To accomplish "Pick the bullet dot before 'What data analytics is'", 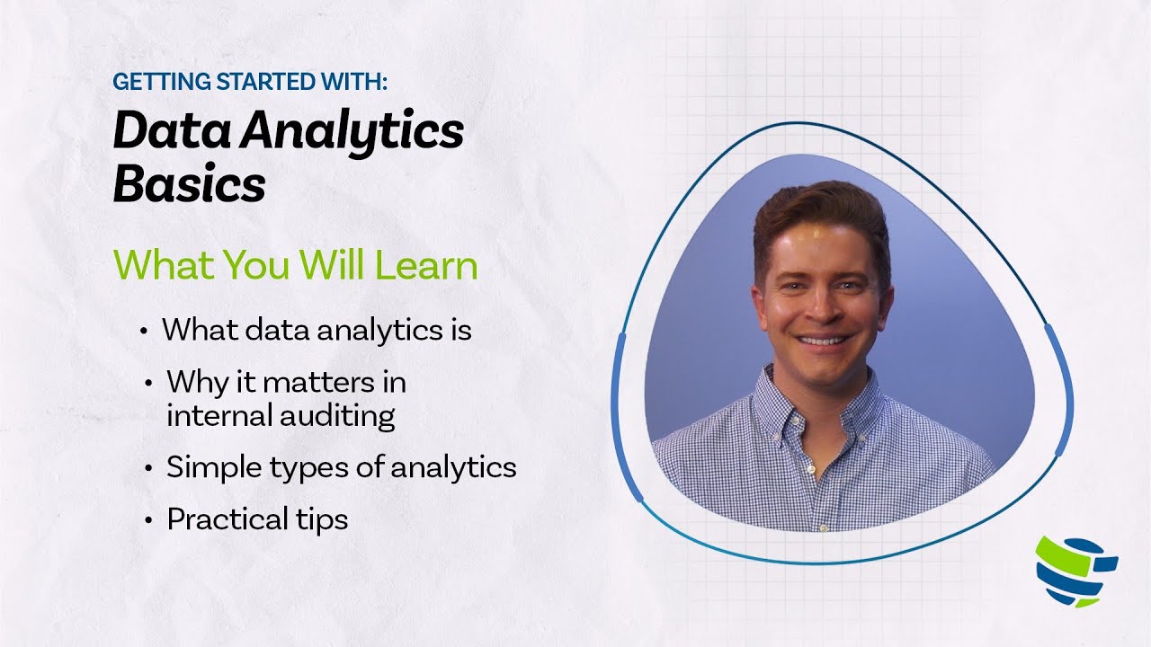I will click(144, 332).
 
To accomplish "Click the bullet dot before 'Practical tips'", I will click(148, 520).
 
